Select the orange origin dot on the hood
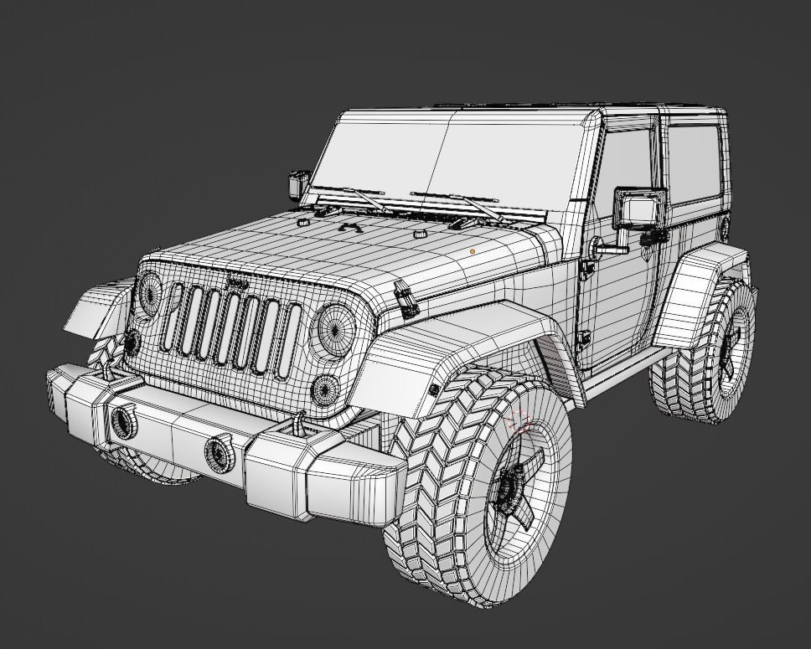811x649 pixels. point(473,250)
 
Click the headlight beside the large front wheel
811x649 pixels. point(333,327)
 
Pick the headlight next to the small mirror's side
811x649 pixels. point(151,292)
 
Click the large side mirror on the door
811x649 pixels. point(640,209)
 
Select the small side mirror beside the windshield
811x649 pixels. point(298,183)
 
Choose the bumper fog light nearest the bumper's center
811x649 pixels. point(220,452)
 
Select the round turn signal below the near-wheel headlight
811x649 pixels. point(325,389)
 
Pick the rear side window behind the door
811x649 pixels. point(692,163)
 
